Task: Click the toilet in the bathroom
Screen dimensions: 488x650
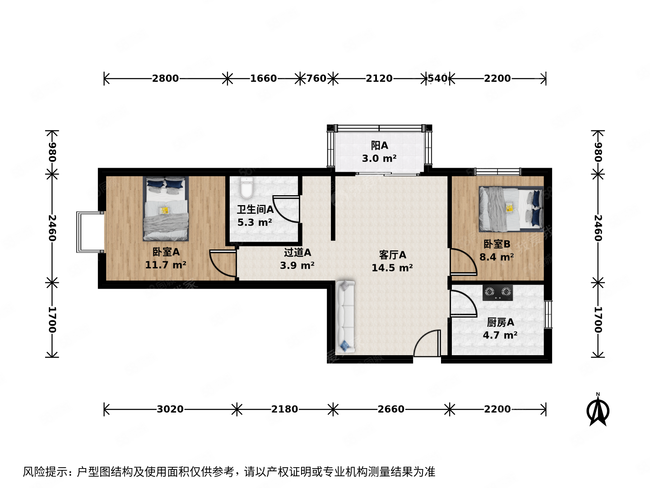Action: coord(246,188)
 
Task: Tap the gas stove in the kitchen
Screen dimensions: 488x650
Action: coord(498,292)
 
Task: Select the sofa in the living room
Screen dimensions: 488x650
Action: coord(345,316)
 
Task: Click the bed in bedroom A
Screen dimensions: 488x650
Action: coord(166,209)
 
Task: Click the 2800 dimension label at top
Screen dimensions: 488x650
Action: coord(165,79)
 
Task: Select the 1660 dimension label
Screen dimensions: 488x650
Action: coord(263,79)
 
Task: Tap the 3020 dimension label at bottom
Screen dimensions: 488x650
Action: coord(170,409)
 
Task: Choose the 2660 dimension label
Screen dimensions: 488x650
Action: coord(391,409)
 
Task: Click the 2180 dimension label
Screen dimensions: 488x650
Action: coord(284,409)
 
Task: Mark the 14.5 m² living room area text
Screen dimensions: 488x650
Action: coord(392,268)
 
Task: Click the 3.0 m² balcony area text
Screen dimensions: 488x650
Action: coord(379,159)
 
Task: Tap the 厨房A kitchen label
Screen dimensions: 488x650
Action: coord(500,323)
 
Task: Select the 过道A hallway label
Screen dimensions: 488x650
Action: coord(297,253)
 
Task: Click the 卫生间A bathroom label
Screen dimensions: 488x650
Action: coord(255,210)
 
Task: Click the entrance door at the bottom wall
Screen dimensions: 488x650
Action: coord(427,344)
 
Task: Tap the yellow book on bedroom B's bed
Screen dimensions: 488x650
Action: coord(510,208)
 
